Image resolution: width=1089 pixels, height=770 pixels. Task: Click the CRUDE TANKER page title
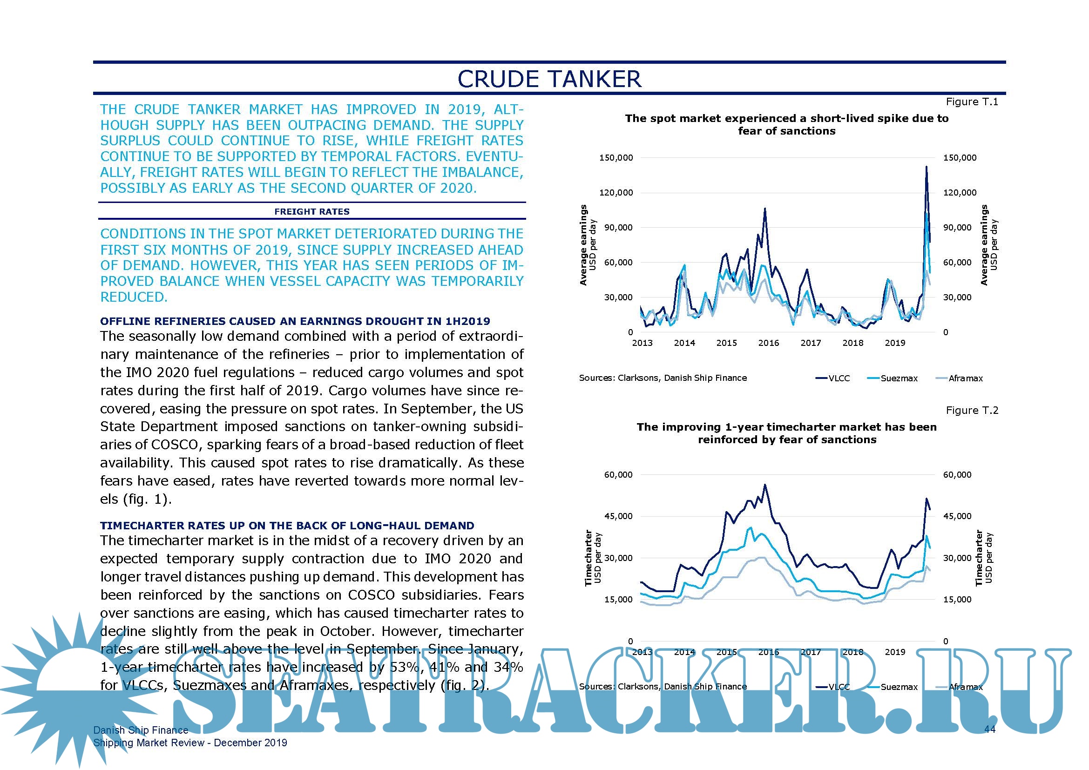click(x=549, y=79)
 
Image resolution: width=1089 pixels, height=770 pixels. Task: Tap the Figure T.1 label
click(x=972, y=102)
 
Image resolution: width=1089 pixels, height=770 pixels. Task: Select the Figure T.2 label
click(x=972, y=411)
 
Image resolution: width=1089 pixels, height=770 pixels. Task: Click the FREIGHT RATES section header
click(x=311, y=211)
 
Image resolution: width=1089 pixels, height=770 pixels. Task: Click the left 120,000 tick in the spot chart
click(x=616, y=193)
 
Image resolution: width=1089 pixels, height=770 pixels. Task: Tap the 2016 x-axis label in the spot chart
click(x=768, y=343)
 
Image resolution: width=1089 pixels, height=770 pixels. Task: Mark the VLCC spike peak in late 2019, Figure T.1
click(x=927, y=167)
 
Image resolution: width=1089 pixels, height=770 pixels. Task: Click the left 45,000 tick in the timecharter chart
click(x=618, y=516)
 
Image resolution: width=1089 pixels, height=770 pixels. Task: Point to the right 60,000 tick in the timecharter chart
click(x=957, y=474)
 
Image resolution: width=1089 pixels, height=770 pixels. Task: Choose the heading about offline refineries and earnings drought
click(x=295, y=322)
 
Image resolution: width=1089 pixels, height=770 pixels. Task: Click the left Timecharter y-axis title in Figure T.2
click(x=588, y=558)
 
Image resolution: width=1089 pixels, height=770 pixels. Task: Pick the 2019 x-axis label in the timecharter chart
click(x=894, y=652)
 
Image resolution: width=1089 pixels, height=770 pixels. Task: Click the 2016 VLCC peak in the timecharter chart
click(x=764, y=485)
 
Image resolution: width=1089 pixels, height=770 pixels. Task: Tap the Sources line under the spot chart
click(x=663, y=378)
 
